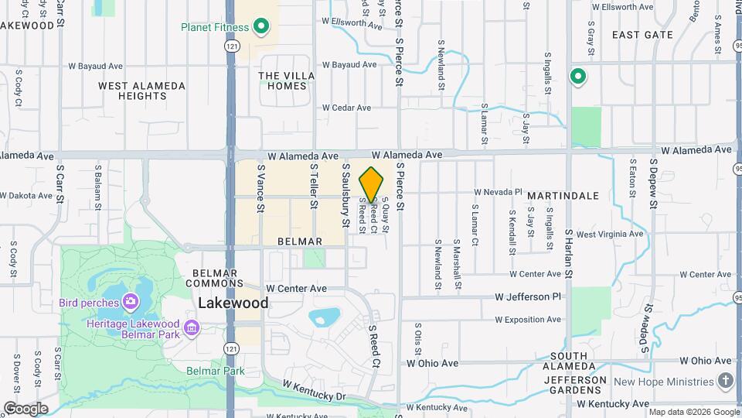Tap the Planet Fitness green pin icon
pos(261,27)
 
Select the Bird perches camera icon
pos(130,301)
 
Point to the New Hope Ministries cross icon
pos(725,381)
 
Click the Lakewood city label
pos(233,303)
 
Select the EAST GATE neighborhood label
pos(642,35)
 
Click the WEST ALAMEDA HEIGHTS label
pos(141,91)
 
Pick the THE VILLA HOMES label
pos(282,81)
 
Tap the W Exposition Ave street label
pos(529,319)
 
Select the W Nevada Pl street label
pos(498,191)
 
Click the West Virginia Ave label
pos(609,234)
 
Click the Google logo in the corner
pos(26,408)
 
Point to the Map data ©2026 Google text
pos(693,412)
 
